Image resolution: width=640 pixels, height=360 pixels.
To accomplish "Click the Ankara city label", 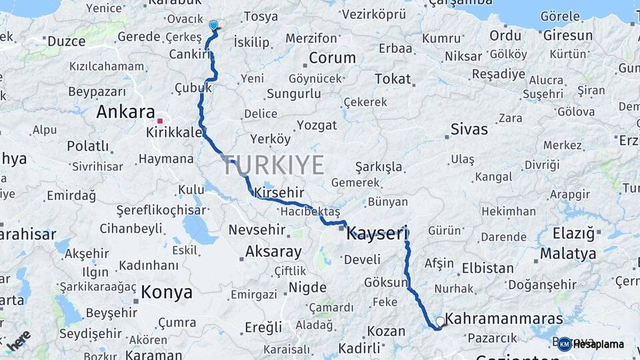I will pyautogui.click(x=125, y=111).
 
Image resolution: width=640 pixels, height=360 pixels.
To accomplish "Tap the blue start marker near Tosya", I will pyautogui.click(x=213, y=25).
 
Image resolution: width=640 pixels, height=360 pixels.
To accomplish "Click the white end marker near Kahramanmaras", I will pyautogui.click(x=440, y=322).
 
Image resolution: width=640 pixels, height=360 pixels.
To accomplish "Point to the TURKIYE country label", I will pyautogui.click(x=273, y=165).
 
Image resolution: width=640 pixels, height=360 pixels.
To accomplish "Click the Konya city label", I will pyautogui.click(x=167, y=292).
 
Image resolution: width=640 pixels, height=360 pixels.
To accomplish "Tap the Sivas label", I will pyautogui.click(x=469, y=129).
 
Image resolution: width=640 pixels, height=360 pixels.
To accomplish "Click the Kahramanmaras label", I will pyautogui.click(x=503, y=319).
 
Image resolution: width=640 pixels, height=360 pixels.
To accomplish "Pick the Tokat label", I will pyautogui.click(x=393, y=79).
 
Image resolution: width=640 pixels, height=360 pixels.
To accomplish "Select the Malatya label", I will pyautogui.click(x=568, y=253).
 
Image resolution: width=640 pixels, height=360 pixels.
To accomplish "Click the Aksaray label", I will pyautogui.click(x=273, y=252).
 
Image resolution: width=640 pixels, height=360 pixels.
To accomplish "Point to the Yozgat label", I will pyautogui.click(x=317, y=125).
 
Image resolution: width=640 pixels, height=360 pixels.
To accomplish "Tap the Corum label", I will pyautogui.click(x=332, y=58).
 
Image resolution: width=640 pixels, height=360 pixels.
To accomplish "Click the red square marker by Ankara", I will pyautogui.click(x=160, y=121).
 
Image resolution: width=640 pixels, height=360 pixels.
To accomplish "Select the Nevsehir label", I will pyautogui.click(x=257, y=230).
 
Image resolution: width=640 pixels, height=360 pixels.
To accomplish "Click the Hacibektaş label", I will pyautogui.click(x=310, y=211).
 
